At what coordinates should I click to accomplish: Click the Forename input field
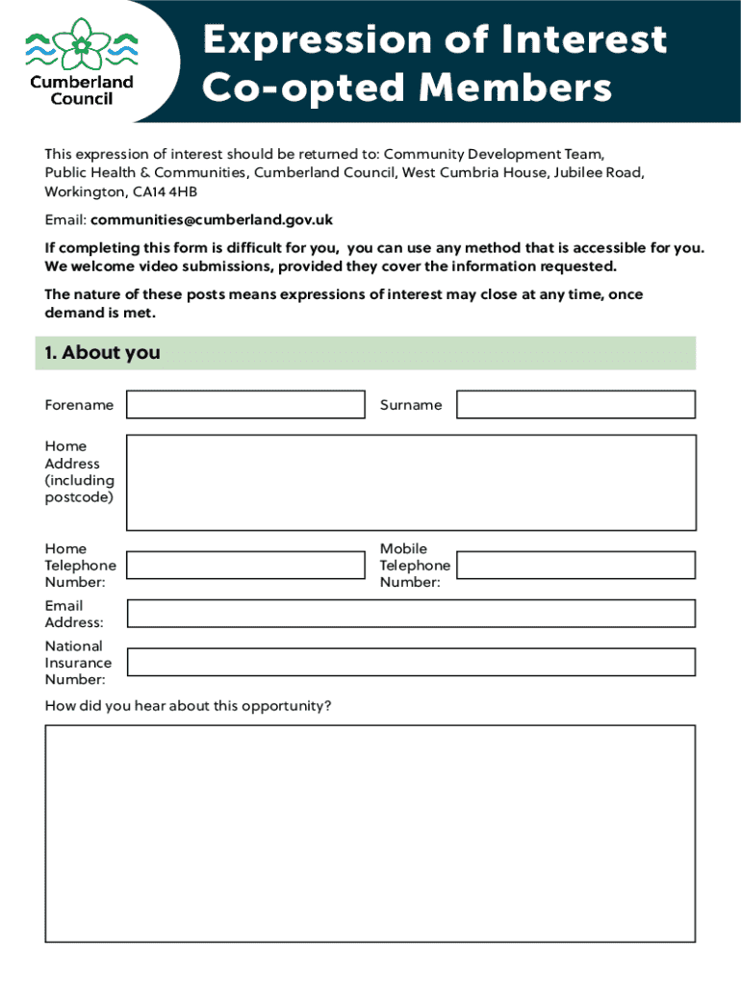245,404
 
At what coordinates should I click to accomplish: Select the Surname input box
575,404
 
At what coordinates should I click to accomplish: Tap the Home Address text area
411,482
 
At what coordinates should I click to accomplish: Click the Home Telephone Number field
245,565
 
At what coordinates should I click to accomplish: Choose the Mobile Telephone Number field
575,565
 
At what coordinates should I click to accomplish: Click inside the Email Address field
411,614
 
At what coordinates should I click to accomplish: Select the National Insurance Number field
411,662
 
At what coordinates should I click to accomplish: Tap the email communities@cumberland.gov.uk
212,220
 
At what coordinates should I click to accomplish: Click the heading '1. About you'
102,353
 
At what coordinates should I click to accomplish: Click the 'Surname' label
411,405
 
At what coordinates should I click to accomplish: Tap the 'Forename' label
79,405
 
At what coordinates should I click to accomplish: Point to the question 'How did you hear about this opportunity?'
188,706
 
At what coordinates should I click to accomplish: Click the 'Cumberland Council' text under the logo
81,90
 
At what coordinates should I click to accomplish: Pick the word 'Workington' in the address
80,191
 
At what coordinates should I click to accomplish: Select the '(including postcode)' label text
79,489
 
